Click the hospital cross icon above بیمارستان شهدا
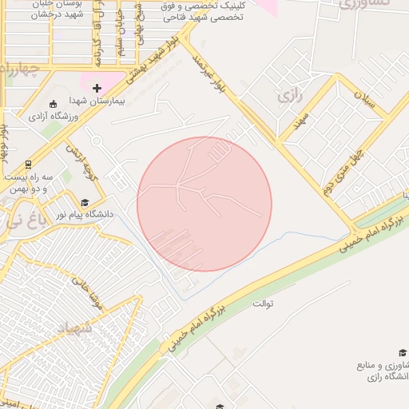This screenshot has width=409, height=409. [x=97, y=88]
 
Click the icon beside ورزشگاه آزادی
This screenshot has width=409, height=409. [x=53, y=104]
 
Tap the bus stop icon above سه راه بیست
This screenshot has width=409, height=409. [x=29, y=163]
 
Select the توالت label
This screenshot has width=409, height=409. [x=263, y=304]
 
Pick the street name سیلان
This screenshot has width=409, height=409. [x=363, y=101]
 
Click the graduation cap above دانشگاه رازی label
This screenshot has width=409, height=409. [x=403, y=352]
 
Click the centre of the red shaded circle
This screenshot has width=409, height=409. [x=204, y=204]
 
